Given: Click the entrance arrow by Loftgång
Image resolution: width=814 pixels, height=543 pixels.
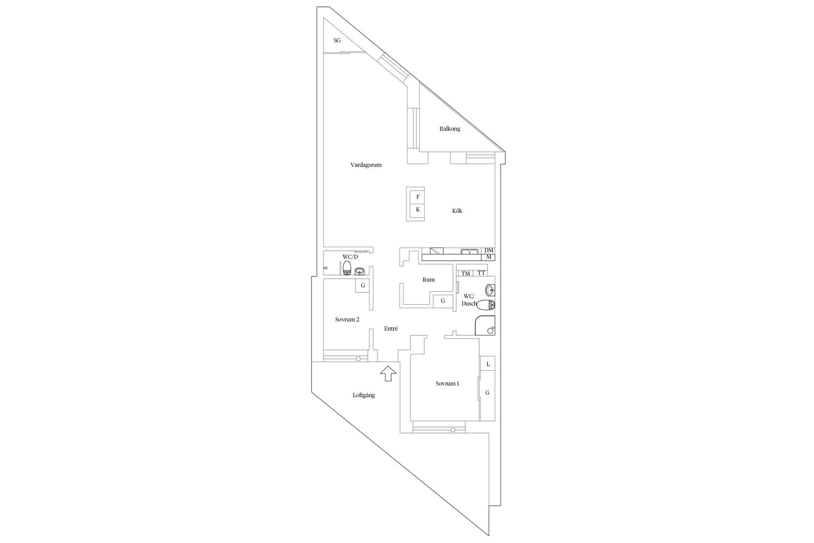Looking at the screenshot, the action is click(x=388, y=374).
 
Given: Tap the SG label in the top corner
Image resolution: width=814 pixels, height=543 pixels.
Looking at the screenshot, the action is click(x=337, y=40).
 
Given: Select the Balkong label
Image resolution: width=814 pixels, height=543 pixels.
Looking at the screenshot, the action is click(x=449, y=129).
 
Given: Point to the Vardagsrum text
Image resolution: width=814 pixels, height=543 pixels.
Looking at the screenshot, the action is click(x=366, y=165).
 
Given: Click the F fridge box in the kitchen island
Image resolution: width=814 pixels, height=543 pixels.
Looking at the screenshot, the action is click(x=417, y=197).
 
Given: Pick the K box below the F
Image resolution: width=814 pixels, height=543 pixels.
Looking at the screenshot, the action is click(x=417, y=209).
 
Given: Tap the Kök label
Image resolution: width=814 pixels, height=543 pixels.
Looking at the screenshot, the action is click(x=457, y=211).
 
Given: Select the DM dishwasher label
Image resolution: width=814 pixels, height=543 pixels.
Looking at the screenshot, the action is click(x=489, y=251).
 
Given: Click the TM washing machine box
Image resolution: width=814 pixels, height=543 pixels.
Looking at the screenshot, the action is click(x=465, y=273).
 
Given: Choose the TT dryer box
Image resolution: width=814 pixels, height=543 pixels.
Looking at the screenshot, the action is click(x=481, y=273).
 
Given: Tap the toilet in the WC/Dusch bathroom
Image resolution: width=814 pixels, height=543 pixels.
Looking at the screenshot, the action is click(x=486, y=305).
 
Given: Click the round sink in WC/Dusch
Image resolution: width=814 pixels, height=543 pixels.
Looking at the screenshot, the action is click(x=490, y=290).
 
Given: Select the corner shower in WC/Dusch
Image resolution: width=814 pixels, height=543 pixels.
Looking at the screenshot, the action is click(x=485, y=325).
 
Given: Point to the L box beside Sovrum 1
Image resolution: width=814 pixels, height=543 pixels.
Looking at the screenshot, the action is click(x=488, y=363).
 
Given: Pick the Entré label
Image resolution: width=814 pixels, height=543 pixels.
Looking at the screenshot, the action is click(x=391, y=328).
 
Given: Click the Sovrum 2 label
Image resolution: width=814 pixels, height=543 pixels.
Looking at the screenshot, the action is click(x=347, y=319).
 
